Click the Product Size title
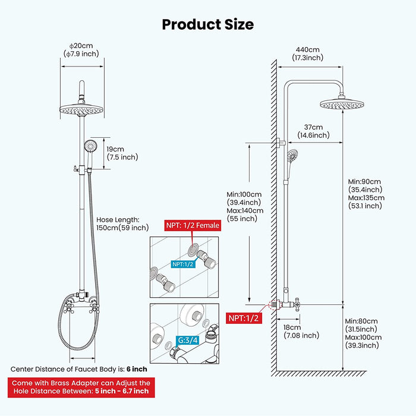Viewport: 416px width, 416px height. pos(207,24)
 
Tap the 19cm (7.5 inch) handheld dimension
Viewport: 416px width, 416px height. pos(122,153)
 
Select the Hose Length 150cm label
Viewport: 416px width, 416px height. pos(122,223)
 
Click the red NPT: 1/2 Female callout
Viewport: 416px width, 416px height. pos(192,225)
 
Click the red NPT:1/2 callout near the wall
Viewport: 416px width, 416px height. pos(244,318)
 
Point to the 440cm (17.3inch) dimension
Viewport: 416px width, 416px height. pos(307,53)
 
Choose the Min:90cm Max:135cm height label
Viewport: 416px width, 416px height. pos(366,194)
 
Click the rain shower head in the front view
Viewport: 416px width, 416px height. pos(83,109)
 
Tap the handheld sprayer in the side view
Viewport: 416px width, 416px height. pos(292,158)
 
